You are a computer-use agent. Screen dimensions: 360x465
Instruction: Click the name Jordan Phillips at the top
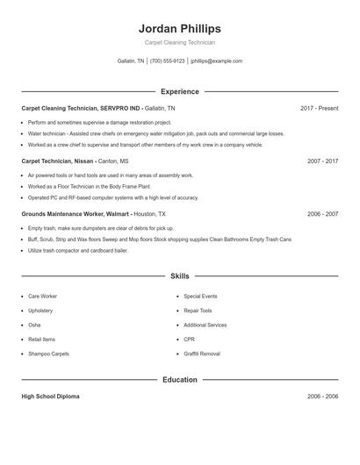coord(179,29)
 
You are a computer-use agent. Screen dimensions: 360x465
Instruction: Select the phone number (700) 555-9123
coord(167,61)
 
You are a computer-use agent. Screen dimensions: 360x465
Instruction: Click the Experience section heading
coord(179,91)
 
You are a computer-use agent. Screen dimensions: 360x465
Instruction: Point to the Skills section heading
coord(179,275)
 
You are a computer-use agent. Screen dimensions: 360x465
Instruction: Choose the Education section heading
coord(179,380)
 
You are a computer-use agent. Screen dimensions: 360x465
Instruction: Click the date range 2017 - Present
coord(319,108)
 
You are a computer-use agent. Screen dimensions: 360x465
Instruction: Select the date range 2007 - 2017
coord(322,161)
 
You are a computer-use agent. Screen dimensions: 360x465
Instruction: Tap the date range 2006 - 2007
coord(322,214)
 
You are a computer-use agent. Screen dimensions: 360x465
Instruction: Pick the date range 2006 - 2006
coord(322,397)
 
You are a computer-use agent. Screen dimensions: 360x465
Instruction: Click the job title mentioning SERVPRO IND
coord(80,108)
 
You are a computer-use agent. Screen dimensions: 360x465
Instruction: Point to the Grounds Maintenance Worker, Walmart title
coord(76,214)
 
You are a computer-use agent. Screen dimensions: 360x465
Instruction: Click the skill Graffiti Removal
coord(201,354)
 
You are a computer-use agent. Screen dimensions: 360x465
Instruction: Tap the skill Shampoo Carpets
coord(48,354)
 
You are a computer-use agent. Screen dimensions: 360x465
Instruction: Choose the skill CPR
coord(190,340)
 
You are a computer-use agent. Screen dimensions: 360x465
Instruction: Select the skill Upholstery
coord(40,311)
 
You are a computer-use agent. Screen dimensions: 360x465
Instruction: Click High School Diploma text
coord(50,397)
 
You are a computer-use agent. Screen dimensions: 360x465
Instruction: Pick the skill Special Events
coord(200,297)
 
